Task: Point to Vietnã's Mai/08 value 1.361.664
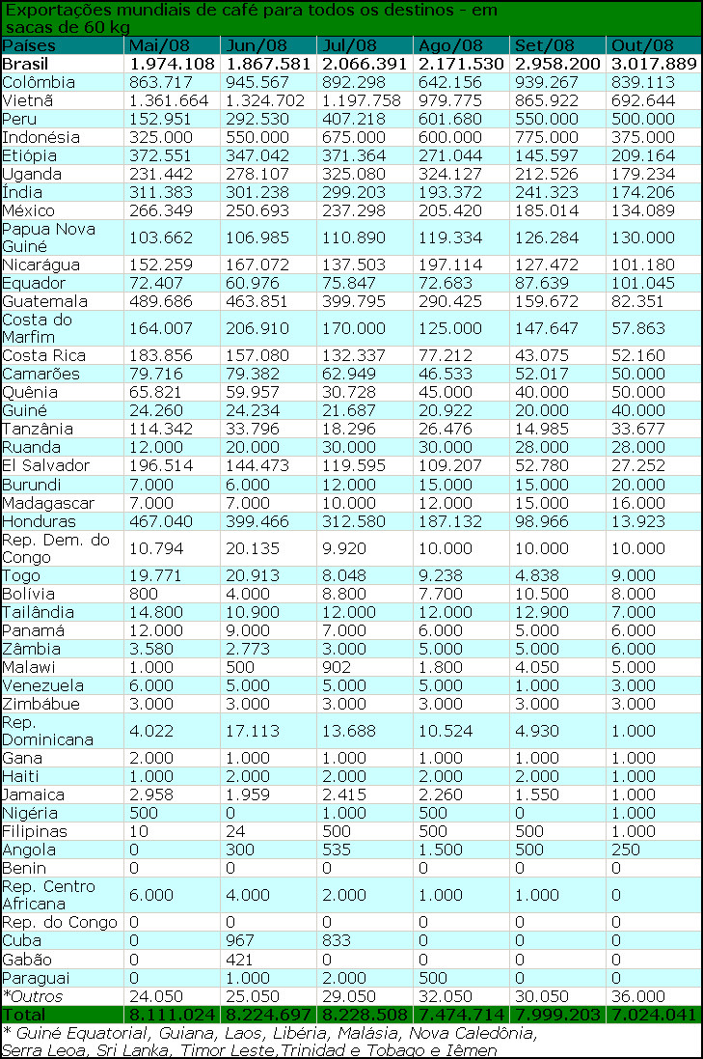tap(168, 100)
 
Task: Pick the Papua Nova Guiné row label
tap(44, 237)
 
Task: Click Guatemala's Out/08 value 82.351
tap(637, 301)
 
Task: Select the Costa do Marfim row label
tap(37, 328)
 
